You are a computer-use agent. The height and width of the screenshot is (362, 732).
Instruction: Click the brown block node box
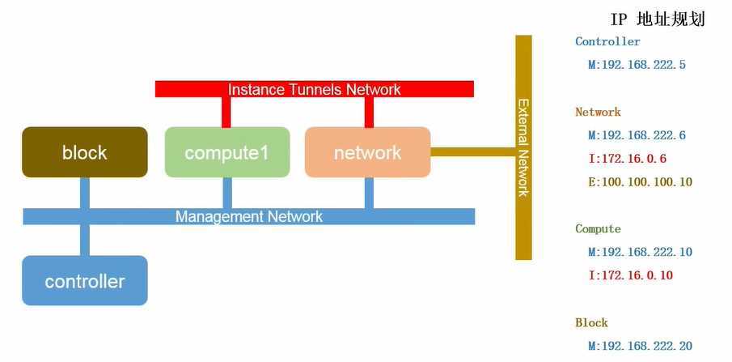point(85,152)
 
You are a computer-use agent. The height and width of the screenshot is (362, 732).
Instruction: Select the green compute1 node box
point(226,152)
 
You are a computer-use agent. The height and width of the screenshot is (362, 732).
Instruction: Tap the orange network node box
point(367,152)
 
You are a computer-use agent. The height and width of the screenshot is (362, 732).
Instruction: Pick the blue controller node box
point(85,281)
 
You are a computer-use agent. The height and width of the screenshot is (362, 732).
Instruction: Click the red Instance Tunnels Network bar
point(314,89)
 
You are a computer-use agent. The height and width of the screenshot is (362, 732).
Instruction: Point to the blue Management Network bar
point(248,216)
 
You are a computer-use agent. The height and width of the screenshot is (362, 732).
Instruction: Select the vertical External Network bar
point(523,147)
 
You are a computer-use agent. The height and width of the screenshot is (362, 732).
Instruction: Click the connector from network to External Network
point(472,151)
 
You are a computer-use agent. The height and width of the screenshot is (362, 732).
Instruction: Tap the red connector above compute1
point(226,113)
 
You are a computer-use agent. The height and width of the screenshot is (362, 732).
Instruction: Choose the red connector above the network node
point(369,113)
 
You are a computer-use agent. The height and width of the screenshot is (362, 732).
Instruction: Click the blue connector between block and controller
point(85,241)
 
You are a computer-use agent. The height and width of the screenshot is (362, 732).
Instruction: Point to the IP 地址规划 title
point(658,19)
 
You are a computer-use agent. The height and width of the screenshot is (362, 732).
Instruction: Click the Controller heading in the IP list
point(607,41)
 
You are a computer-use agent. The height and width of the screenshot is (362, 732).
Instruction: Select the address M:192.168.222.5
point(637,64)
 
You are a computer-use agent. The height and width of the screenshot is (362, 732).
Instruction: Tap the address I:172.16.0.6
point(627,158)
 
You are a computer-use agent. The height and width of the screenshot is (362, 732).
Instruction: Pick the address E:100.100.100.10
point(640,182)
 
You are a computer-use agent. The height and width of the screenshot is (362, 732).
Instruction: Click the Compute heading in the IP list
point(598,229)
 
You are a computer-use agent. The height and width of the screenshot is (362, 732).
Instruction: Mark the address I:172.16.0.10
point(630,275)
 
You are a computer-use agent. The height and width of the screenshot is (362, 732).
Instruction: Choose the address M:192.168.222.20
point(640,346)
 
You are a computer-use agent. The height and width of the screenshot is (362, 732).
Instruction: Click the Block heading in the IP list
point(591,322)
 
